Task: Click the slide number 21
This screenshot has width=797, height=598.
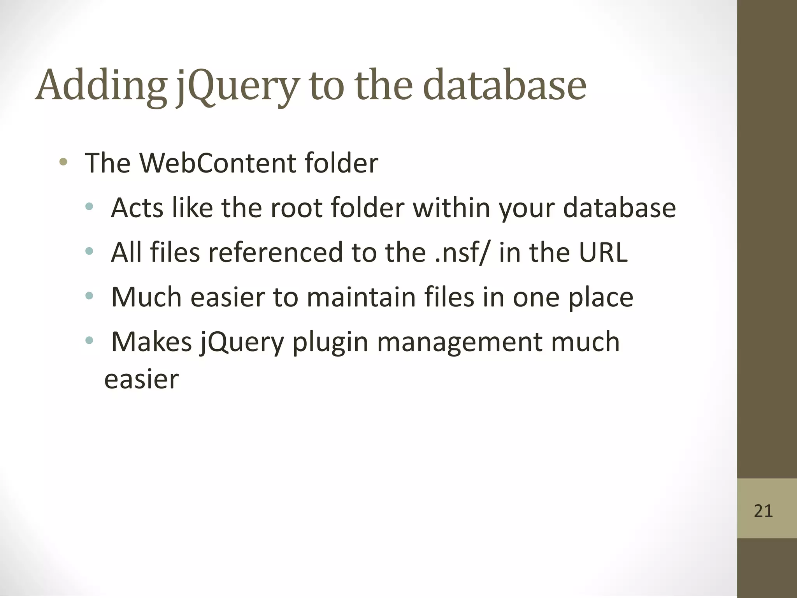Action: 763,511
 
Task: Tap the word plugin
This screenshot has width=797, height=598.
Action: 330,342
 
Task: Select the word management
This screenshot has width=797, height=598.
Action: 459,342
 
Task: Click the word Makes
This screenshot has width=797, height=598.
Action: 152,342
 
